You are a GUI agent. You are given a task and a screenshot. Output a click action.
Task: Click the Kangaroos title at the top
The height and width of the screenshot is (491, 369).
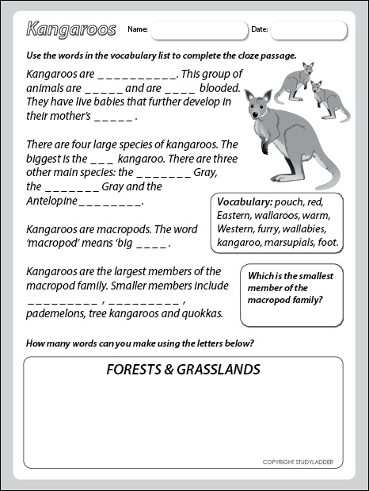click(x=70, y=30)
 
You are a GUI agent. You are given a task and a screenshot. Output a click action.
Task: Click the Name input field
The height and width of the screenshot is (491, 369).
click(x=198, y=30)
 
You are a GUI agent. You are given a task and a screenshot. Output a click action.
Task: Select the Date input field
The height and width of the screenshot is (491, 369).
click(x=309, y=30)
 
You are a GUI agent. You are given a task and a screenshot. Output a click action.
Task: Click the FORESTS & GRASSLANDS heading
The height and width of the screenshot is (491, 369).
click(x=183, y=370)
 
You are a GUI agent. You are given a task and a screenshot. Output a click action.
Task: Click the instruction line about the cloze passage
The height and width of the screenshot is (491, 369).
click(x=161, y=56)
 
